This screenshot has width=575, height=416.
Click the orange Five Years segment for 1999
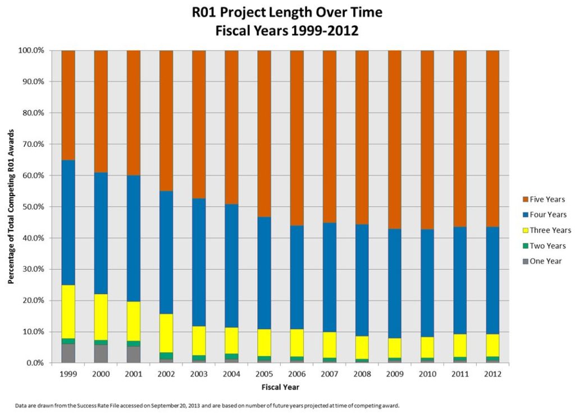coord(68,105)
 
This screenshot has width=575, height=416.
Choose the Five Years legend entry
coord(547,199)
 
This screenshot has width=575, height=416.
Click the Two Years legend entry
coord(547,246)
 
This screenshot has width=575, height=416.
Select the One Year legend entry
coord(545,261)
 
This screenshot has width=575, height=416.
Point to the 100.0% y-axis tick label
coord(30,50)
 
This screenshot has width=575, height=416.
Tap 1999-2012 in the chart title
coord(326,31)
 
